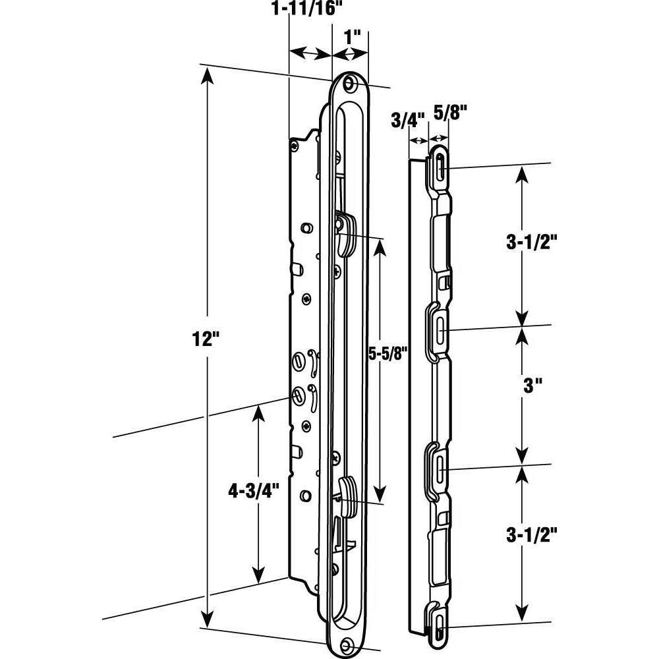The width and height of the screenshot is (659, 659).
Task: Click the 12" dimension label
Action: click(205, 340)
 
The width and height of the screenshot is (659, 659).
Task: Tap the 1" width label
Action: click(355, 36)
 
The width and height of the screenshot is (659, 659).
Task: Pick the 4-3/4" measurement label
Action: click(253, 490)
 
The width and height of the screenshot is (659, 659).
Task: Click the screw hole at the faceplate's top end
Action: click(347, 83)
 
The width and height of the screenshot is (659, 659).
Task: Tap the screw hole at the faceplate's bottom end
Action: click(347, 645)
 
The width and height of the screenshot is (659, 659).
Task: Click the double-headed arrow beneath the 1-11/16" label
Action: click(310, 53)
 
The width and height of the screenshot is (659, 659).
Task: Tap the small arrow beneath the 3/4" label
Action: click(418, 140)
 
